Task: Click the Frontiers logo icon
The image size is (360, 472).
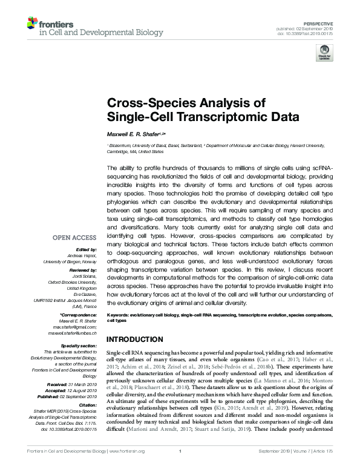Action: click(31, 24)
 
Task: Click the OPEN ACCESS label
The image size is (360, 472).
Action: click(76, 238)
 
